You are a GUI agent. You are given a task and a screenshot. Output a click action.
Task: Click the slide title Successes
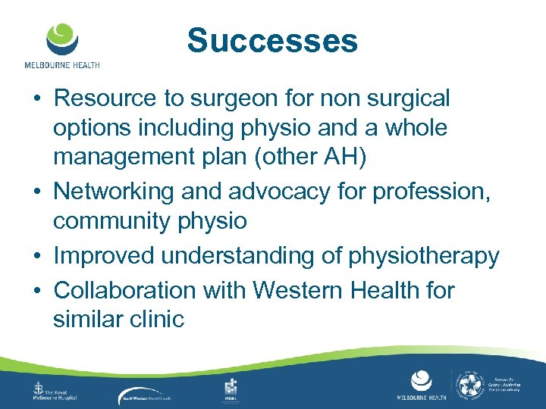[272, 40]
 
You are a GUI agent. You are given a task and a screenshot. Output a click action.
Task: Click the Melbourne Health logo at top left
[61, 45]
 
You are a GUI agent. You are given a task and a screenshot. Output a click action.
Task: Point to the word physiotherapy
[424, 257]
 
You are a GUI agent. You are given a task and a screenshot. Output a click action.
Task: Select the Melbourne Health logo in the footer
[422, 387]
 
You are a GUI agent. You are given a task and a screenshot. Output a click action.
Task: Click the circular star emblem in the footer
[470, 386]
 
